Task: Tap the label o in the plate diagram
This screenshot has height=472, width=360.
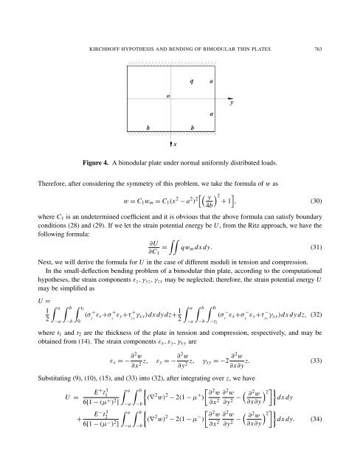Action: tap(170, 96)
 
